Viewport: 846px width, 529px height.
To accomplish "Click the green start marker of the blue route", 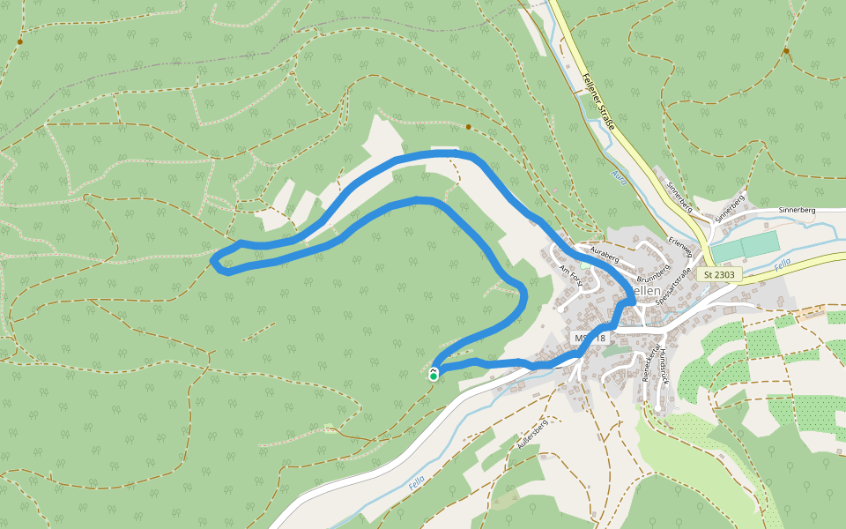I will tap(434, 376).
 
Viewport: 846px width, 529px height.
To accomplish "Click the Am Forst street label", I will tap(571, 279).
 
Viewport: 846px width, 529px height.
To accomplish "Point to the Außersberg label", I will tap(532, 436).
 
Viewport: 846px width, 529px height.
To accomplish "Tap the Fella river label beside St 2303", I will tap(782, 264).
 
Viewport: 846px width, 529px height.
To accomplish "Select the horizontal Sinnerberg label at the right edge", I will tap(797, 211).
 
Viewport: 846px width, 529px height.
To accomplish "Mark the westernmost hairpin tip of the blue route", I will tap(214, 259).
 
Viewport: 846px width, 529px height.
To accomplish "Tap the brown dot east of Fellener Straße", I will tap(785, 51).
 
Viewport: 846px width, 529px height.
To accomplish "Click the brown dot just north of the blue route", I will tap(469, 127).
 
